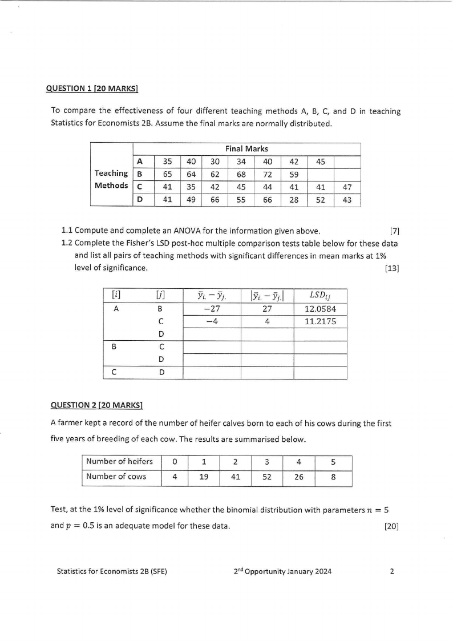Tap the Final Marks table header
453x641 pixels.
point(246,149)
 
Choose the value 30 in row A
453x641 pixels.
point(215,162)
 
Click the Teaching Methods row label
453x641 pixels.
point(111,179)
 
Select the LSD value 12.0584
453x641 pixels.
point(320,309)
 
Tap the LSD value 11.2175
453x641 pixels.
point(320,321)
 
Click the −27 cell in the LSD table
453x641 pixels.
point(211,309)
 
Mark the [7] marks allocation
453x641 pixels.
point(394,231)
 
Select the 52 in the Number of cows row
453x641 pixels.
point(266,477)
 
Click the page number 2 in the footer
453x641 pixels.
point(392,571)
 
